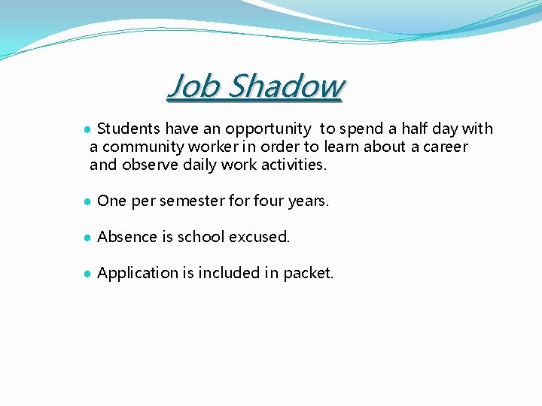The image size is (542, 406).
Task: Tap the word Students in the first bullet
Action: pos(129,129)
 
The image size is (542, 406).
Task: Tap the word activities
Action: pos(294,165)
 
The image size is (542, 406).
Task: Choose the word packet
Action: pos(308,274)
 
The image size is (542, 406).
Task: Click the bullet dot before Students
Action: pos(88,129)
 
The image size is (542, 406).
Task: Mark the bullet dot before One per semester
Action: pos(88,201)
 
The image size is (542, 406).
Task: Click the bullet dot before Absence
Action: pos(88,238)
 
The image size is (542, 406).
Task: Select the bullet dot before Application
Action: pos(88,274)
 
